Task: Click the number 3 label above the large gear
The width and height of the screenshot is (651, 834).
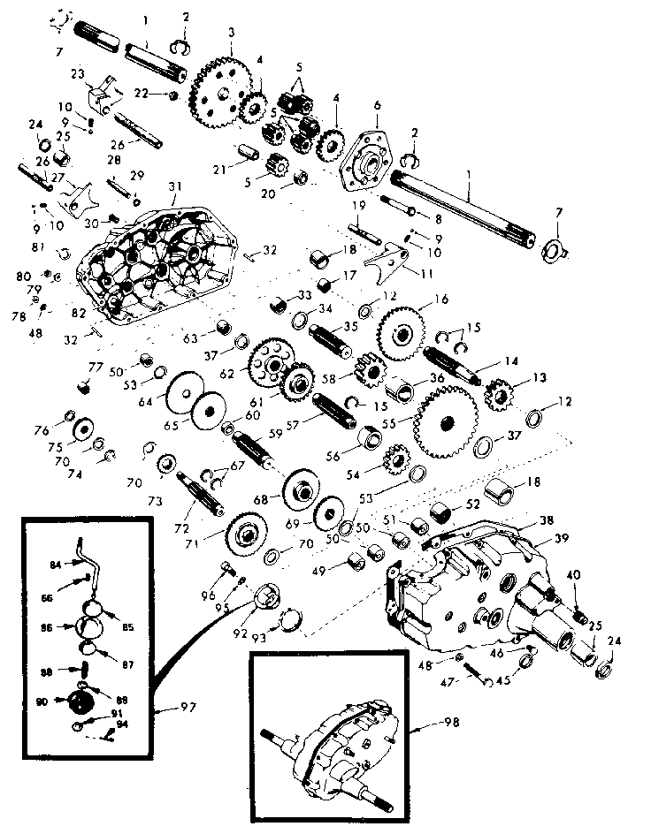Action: coord(231,33)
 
